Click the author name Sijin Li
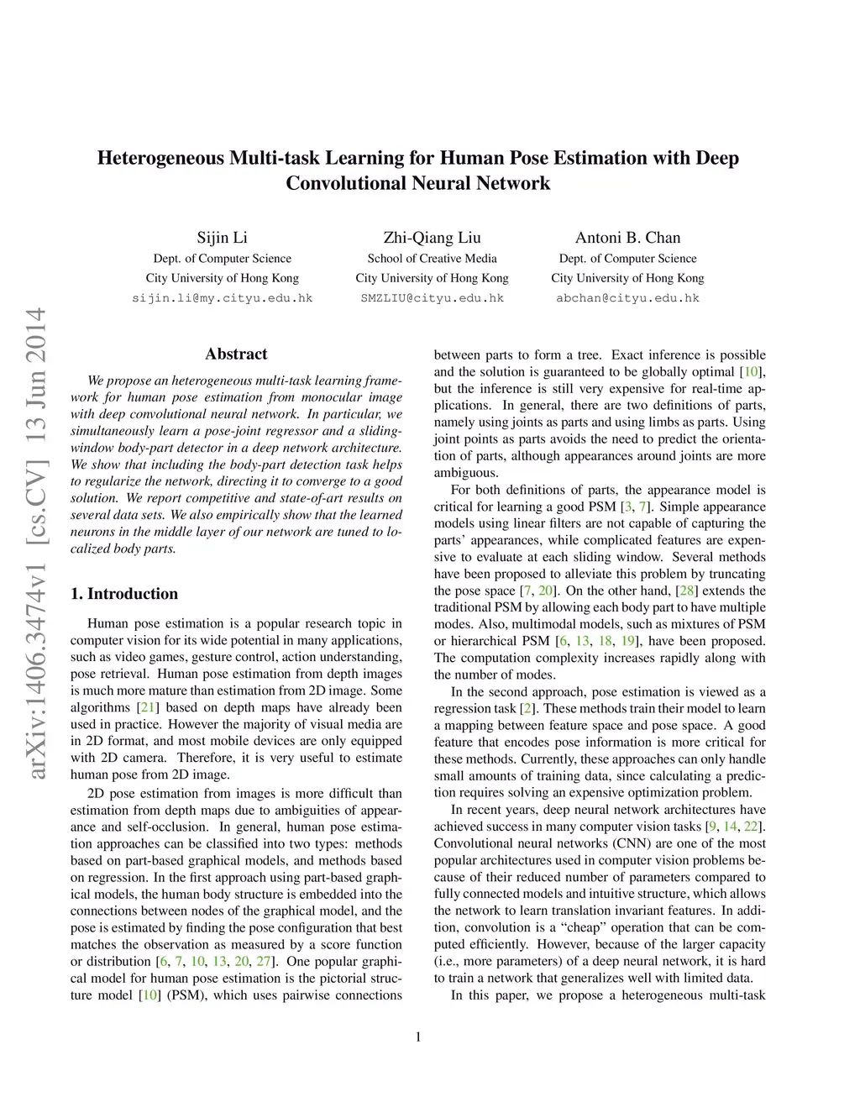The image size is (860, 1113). coord(222,238)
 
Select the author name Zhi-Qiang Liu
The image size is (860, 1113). coord(432,238)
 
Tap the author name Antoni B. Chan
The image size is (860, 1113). coord(627,238)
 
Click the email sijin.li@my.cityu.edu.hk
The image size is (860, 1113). coord(222,298)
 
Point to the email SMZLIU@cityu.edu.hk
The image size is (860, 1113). coord(432,298)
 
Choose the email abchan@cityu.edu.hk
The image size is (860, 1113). coord(627,298)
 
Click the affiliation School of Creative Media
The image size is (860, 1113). coord(432,259)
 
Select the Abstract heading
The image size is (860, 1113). coord(236,354)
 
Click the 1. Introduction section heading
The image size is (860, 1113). coord(124,594)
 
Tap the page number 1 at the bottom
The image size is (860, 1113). coord(418,1037)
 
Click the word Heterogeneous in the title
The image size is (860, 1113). coord(161,158)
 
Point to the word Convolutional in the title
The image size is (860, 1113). coord(345,183)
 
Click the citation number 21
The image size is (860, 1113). coord(147,707)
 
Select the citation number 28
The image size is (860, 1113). coord(684,591)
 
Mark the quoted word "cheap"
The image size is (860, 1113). coord(585,927)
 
